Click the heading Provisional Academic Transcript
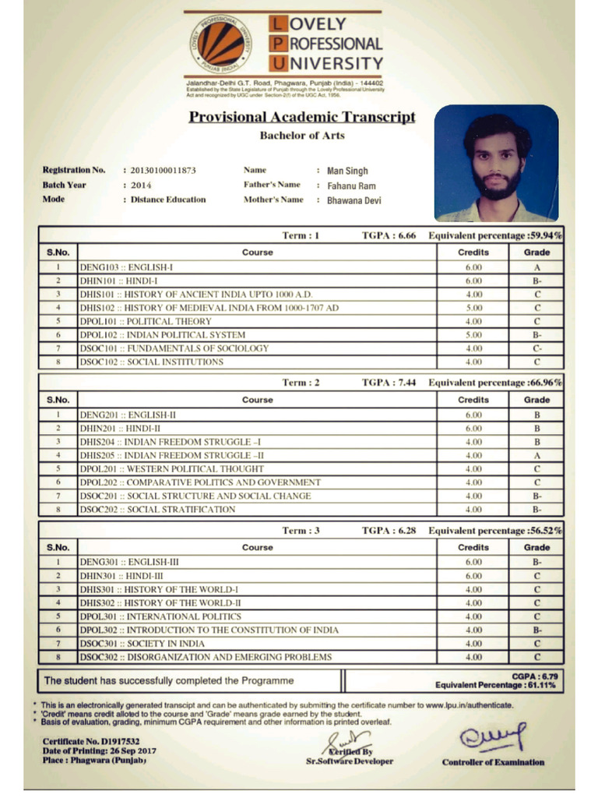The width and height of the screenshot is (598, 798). tap(302, 118)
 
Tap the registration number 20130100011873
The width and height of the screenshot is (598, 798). tap(164, 170)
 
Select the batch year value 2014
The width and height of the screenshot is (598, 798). tap(141, 185)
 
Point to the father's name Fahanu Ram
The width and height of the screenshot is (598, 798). tap(352, 185)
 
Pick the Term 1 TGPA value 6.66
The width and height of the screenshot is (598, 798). tap(406, 235)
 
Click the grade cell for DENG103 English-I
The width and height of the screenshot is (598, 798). tap(536, 267)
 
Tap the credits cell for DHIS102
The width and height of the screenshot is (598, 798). tap(473, 308)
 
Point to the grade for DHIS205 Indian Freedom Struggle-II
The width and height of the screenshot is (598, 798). tap(536, 455)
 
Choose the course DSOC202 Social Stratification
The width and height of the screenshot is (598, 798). tap(157, 510)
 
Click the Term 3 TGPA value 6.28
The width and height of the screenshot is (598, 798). tap(406, 531)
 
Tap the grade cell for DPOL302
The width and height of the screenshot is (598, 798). tap(536, 630)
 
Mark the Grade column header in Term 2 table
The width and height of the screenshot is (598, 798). tap(536, 400)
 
